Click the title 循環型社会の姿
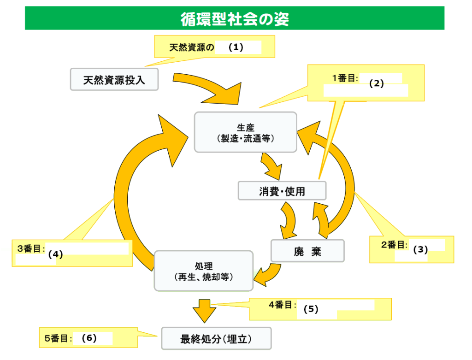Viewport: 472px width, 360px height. pos(235,19)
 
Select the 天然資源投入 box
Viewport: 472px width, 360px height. pos(114,79)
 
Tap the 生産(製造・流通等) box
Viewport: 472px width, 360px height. pos(245,132)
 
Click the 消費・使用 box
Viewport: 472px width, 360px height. pos(282,191)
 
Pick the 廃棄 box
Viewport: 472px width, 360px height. pos(307,251)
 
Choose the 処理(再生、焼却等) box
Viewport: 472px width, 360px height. pos(203,271)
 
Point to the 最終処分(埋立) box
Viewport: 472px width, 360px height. pos(216,339)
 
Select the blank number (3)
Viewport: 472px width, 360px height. pos(420,249)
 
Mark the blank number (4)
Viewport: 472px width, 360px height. pos(55,254)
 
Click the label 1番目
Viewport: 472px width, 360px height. pos(345,78)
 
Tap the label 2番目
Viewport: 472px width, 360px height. pos(393,245)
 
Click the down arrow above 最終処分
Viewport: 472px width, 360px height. pos(204,310)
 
